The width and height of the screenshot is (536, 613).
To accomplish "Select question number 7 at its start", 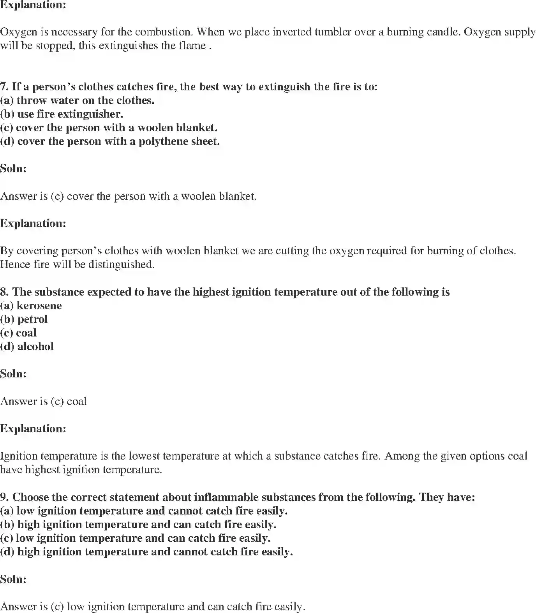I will coord(4,87).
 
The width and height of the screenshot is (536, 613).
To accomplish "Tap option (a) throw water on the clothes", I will coord(77,100).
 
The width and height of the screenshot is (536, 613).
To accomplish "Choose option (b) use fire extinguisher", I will coord(62,114).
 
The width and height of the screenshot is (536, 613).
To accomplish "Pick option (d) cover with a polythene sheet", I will coord(110,141).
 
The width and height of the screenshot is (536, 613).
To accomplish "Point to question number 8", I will coord(4,292).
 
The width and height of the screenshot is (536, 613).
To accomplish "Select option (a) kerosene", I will coord(31,306).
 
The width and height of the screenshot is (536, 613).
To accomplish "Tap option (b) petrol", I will coord(24,319).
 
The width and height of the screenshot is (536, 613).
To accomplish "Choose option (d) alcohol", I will coord(27,347).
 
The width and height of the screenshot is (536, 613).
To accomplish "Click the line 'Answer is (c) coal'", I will coord(43,402).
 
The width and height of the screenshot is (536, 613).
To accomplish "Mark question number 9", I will coord(4,497).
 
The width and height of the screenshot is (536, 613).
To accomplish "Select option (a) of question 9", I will coord(144,511).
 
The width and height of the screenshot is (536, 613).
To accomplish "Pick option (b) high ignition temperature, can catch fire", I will coord(138,525).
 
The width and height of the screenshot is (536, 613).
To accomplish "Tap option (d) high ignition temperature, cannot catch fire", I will coord(146,552).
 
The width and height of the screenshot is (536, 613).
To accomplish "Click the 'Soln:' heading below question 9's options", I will coord(13,579).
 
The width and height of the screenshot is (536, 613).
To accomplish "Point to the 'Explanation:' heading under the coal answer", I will coord(33,429).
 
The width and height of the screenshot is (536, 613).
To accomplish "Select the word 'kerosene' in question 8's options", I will coord(39,306).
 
